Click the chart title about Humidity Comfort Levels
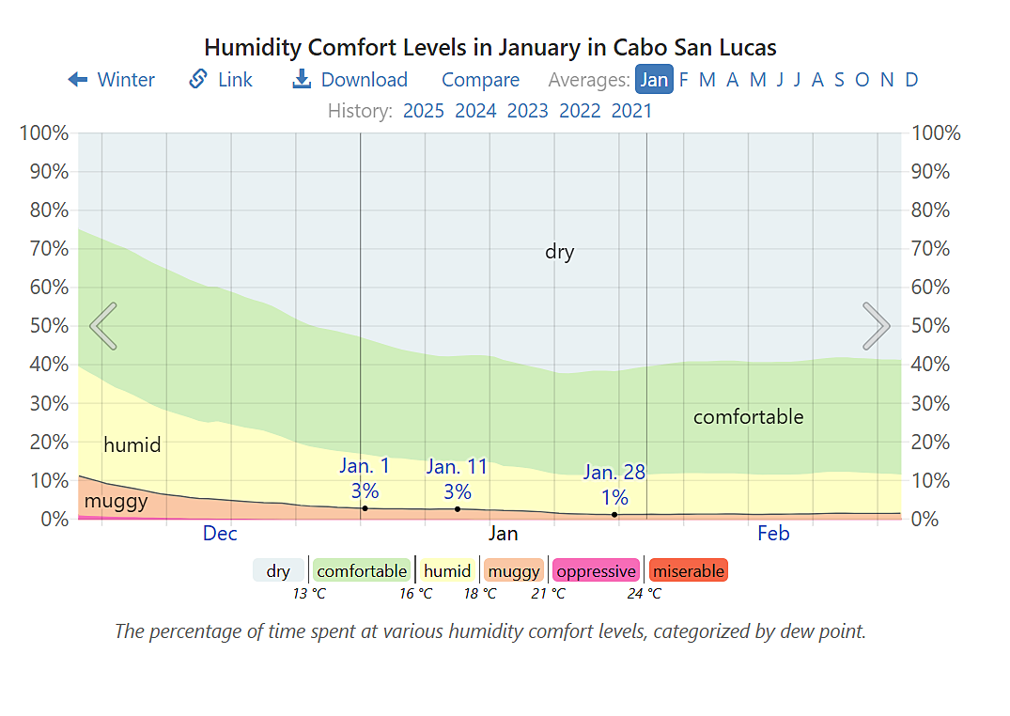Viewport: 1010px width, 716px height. click(489, 47)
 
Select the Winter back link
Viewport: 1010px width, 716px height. click(112, 80)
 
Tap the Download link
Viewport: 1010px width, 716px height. click(350, 80)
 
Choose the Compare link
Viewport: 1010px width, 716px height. click(480, 80)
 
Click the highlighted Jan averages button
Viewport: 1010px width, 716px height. click(654, 80)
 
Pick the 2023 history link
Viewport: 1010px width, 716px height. click(527, 111)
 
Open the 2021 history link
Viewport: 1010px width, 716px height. click(631, 111)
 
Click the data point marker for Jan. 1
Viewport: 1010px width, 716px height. click(365, 508)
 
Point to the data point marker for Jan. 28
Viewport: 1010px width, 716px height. click(614, 515)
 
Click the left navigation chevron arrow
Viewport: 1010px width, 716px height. click(103, 326)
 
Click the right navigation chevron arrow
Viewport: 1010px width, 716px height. click(876, 326)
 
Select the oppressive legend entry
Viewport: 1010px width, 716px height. click(596, 570)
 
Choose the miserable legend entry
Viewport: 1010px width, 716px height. click(688, 570)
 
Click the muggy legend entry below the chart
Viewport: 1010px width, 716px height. click(514, 570)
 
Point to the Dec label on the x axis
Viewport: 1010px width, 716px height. click(220, 534)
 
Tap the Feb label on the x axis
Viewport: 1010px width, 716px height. click(773, 534)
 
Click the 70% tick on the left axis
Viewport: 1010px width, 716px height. click(43, 249)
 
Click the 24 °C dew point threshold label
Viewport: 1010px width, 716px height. click(645, 594)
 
